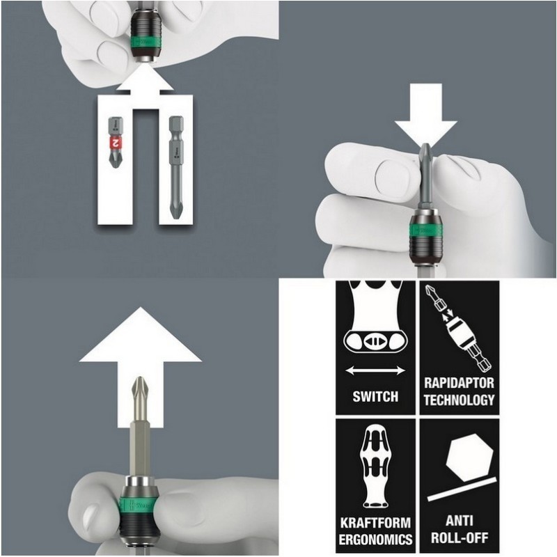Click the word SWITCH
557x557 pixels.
375,396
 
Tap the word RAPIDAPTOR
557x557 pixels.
460,384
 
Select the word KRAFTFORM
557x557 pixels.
375,523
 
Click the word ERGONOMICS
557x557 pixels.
375,539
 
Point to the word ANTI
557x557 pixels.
460,523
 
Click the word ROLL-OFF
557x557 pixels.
460,539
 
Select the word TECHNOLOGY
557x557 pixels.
460,400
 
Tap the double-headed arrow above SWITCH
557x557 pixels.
375,370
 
